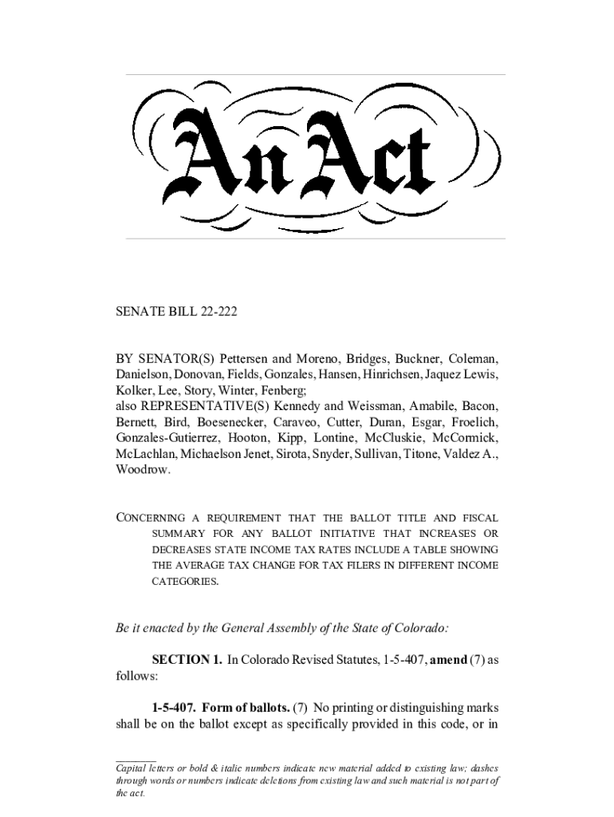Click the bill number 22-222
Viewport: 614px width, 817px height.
click(215, 311)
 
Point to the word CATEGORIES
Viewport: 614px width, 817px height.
click(185, 582)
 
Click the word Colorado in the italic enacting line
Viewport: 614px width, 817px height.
click(421, 627)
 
